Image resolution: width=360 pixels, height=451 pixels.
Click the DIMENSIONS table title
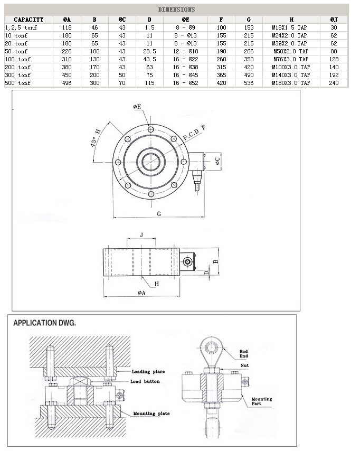pyautogui.click(x=176, y=10)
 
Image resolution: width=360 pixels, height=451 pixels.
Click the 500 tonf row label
pyautogui.click(x=17, y=83)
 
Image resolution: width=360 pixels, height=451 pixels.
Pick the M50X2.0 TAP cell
pyautogui.click(x=290, y=51)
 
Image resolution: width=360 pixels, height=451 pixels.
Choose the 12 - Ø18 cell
pyautogui.click(x=185, y=51)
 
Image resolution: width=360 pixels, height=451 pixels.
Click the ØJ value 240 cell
pyautogui.click(x=334, y=83)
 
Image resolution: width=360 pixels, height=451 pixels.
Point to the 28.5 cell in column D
pyautogui.click(x=149, y=51)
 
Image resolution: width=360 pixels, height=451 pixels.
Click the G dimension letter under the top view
pyautogui.click(x=158, y=214)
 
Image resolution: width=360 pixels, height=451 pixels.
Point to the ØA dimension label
pyautogui.click(x=141, y=293)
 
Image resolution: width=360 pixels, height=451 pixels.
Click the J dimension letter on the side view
pyautogui.click(x=141, y=234)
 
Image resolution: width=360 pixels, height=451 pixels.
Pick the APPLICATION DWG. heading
pyautogui.click(x=45, y=323)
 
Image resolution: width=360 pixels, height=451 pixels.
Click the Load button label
pyautogui.click(x=145, y=381)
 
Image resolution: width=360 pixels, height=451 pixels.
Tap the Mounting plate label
pyautogui.click(x=151, y=414)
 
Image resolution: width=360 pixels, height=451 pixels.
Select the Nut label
pyautogui.click(x=243, y=365)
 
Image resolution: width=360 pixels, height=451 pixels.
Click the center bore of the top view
pyautogui.click(x=151, y=161)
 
